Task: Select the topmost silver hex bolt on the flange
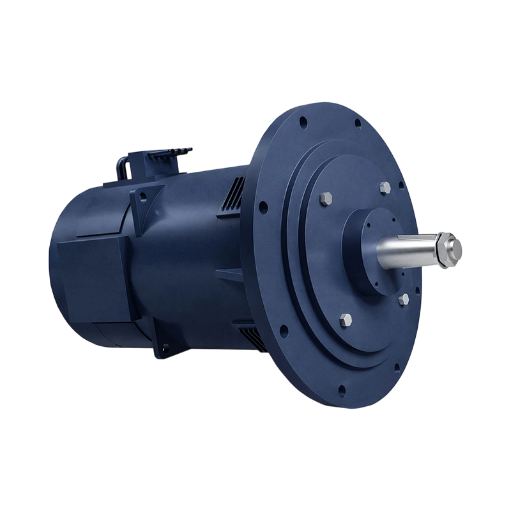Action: (x=384, y=187)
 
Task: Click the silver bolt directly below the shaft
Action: (x=402, y=299)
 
